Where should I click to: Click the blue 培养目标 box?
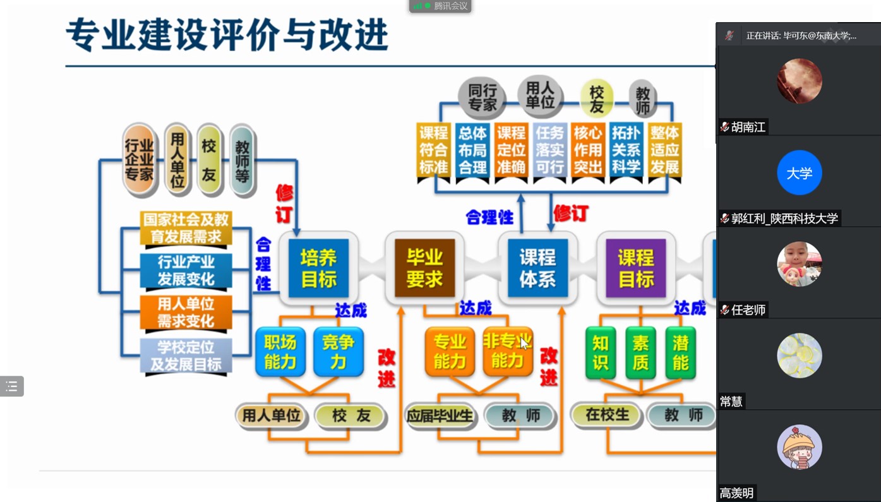tap(318, 268)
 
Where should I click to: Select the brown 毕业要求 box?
tap(424, 268)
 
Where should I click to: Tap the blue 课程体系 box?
tap(537, 268)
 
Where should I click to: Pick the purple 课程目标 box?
tap(635, 268)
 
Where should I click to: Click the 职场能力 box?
tap(280, 352)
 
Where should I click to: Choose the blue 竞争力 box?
tap(339, 352)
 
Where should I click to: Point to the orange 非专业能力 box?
tap(507, 352)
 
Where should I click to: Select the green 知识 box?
tap(600, 352)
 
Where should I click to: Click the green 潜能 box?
tap(680, 352)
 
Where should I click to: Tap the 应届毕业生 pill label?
tap(440, 415)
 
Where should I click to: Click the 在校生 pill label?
tap(607, 415)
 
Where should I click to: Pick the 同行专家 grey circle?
tap(482, 97)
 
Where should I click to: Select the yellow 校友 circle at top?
tap(596, 99)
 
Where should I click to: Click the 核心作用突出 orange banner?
tap(587, 150)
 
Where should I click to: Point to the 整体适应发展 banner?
tap(664, 150)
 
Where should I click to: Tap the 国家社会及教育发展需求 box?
tap(186, 228)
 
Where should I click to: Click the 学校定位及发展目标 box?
tap(186, 356)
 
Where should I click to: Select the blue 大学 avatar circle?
tap(799, 172)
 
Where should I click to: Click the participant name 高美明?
tap(736, 493)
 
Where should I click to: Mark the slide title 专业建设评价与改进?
tap(227, 35)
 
